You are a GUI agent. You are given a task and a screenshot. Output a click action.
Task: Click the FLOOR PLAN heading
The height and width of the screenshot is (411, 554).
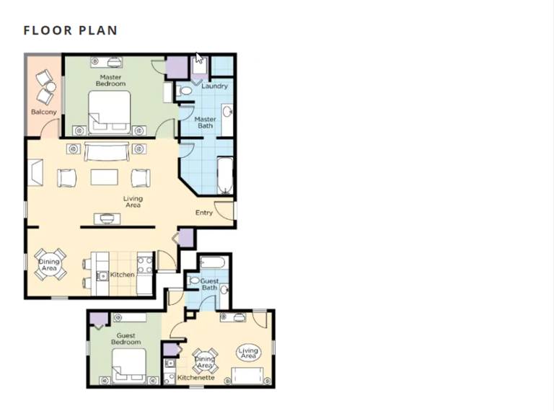click(x=70, y=30)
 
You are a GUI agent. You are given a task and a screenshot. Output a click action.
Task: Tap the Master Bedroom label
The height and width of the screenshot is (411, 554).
click(x=110, y=81)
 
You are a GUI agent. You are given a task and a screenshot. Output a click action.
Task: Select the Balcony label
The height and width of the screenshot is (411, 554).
click(x=44, y=112)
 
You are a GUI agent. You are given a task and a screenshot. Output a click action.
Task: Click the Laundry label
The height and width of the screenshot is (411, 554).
click(x=214, y=86)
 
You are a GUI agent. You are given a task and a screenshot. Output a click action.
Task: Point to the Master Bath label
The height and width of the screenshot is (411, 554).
click(x=206, y=123)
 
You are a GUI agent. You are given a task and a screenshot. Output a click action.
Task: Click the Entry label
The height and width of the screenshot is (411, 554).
click(x=204, y=213)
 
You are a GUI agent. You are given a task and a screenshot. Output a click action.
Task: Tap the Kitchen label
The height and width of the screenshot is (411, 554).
click(x=122, y=274)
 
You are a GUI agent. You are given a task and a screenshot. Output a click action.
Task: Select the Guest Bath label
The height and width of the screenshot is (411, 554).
click(x=209, y=284)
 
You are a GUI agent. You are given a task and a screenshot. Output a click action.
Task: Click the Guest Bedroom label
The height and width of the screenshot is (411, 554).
click(x=126, y=339)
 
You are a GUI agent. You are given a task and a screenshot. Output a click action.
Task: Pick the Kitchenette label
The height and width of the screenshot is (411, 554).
click(x=196, y=377)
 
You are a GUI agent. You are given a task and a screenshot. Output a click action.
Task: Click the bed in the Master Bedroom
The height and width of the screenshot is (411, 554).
click(x=110, y=112)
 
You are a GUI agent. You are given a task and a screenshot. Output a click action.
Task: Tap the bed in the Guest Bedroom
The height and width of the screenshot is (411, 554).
click(x=129, y=366)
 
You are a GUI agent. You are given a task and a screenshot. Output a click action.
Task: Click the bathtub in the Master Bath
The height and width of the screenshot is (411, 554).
click(x=225, y=175)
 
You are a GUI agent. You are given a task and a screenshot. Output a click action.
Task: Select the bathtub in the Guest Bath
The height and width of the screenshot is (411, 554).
click(x=212, y=262)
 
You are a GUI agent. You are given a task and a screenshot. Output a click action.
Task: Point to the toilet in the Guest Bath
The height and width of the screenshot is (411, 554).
click(x=194, y=280)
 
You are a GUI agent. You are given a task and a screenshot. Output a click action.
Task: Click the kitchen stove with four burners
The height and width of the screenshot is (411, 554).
click(x=145, y=265)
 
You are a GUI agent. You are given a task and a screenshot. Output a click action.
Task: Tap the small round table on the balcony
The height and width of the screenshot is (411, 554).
click(x=51, y=87)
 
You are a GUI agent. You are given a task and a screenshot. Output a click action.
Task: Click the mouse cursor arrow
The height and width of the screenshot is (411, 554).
click(x=199, y=58)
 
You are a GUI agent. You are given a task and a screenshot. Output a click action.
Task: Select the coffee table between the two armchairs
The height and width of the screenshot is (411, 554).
click(x=104, y=177)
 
